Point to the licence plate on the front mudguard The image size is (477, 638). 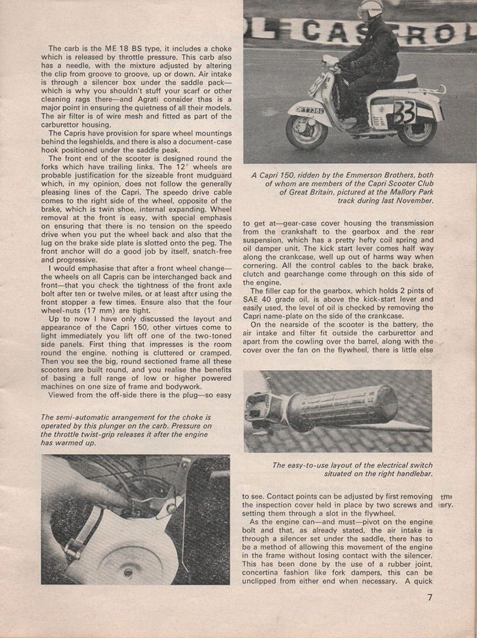tap(310, 108)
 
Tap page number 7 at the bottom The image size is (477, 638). tap(430, 598)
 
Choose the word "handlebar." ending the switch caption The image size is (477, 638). tap(411, 474)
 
